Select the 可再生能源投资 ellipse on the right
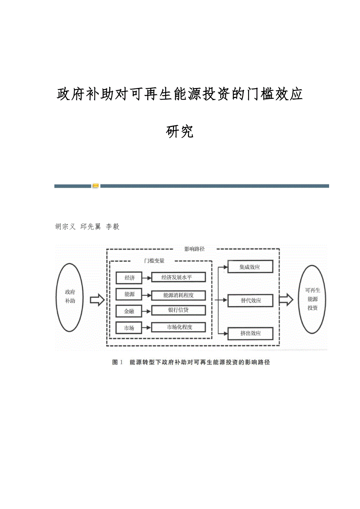click(x=312, y=299)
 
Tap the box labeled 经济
click(x=129, y=278)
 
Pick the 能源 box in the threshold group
click(x=129, y=295)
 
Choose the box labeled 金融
click(x=129, y=311)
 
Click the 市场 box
click(x=129, y=328)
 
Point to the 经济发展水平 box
click(x=178, y=278)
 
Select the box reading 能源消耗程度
click(x=178, y=295)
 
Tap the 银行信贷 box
click(x=178, y=310)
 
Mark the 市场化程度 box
click(x=178, y=327)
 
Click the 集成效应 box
click(x=251, y=267)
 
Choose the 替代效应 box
click(x=251, y=300)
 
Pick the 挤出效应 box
click(x=251, y=333)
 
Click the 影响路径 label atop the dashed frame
click(x=194, y=249)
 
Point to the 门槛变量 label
click(x=154, y=261)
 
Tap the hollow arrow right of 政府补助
click(x=97, y=300)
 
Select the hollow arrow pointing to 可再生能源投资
click(x=286, y=300)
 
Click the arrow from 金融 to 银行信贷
click(x=146, y=311)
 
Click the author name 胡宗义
click(x=65, y=227)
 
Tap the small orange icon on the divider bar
click(x=96, y=186)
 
